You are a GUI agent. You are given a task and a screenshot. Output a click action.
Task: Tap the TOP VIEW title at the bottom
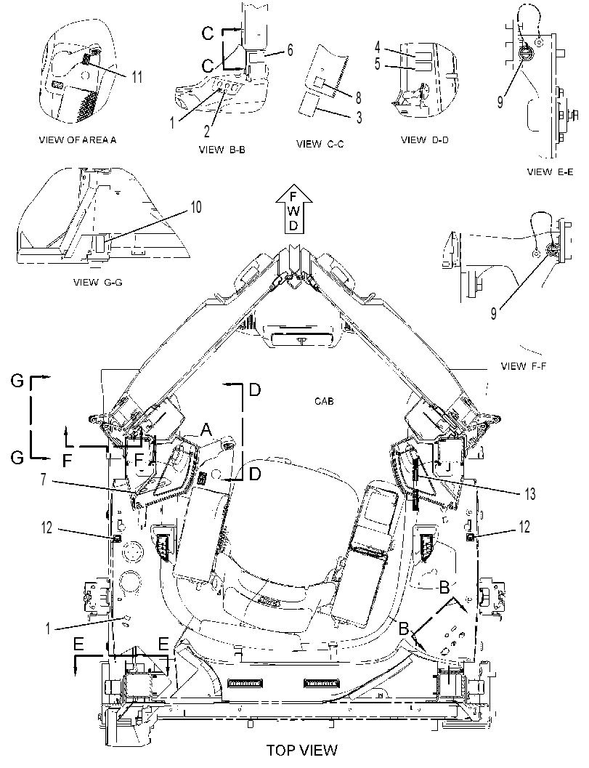pyautogui.click(x=301, y=750)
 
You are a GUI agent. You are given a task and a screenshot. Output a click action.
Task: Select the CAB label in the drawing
pyautogui.click(x=324, y=401)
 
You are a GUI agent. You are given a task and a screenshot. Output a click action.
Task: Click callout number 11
pyautogui.click(x=137, y=77)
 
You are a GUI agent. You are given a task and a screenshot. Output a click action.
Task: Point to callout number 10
pyautogui.click(x=195, y=207)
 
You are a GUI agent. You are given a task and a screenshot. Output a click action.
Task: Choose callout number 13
pyautogui.click(x=530, y=494)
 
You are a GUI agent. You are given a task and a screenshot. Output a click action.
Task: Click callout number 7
pyautogui.click(x=44, y=479)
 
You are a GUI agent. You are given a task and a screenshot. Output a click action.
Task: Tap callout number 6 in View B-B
pyautogui.click(x=290, y=50)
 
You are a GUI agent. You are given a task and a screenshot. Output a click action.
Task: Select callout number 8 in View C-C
pyautogui.click(x=358, y=97)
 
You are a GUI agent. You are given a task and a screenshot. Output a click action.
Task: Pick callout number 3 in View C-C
pyautogui.click(x=360, y=118)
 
